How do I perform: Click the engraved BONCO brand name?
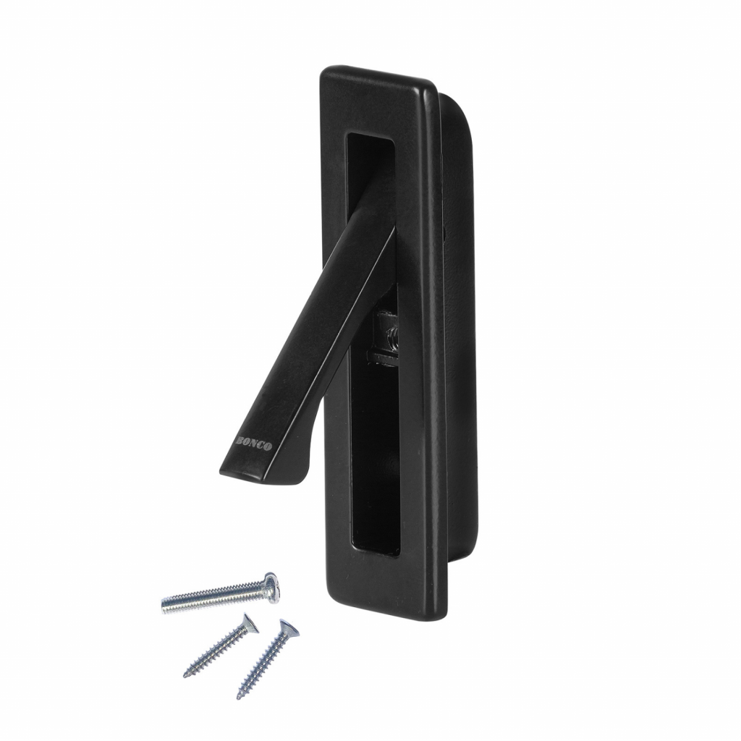[x=253, y=444]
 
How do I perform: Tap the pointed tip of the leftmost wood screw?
[x=185, y=674]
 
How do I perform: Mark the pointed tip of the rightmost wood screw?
[x=240, y=697]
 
